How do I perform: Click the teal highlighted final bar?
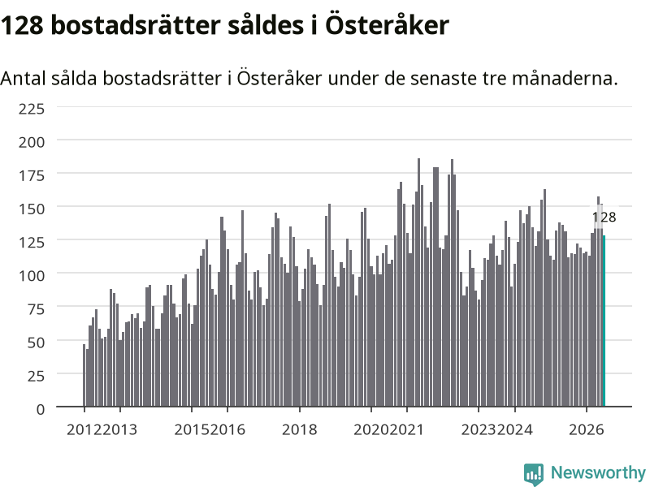pyautogui.click(x=604, y=321)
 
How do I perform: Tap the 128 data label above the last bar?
pyautogui.click(x=604, y=217)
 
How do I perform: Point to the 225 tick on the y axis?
pyautogui.click(x=32, y=109)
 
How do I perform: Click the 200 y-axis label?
pyautogui.click(x=32, y=142)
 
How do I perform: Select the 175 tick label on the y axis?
pyautogui.click(x=32, y=175)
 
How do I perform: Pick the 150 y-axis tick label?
pyautogui.click(x=32, y=209)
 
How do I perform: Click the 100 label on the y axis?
pyautogui.click(x=32, y=275)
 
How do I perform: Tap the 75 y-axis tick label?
pyautogui.click(x=36, y=309)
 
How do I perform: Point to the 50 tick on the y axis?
pyautogui.click(x=36, y=343)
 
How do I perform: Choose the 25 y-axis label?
pyautogui.click(x=36, y=376)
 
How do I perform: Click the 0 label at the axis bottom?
pyautogui.click(x=40, y=409)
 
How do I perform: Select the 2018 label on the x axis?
pyautogui.click(x=299, y=429)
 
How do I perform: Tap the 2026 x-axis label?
pyautogui.click(x=586, y=429)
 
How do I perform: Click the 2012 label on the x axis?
pyautogui.click(x=84, y=429)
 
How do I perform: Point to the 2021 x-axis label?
pyautogui.click(x=407, y=429)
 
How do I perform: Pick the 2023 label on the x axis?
pyautogui.click(x=479, y=429)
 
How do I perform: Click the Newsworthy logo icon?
pyautogui.click(x=534, y=474)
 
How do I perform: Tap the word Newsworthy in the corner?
pyautogui.click(x=598, y=472)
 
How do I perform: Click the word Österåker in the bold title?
pyautogui.click(x=387, y=25)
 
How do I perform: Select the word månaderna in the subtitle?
pyautogui.click(x=565, y=78)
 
